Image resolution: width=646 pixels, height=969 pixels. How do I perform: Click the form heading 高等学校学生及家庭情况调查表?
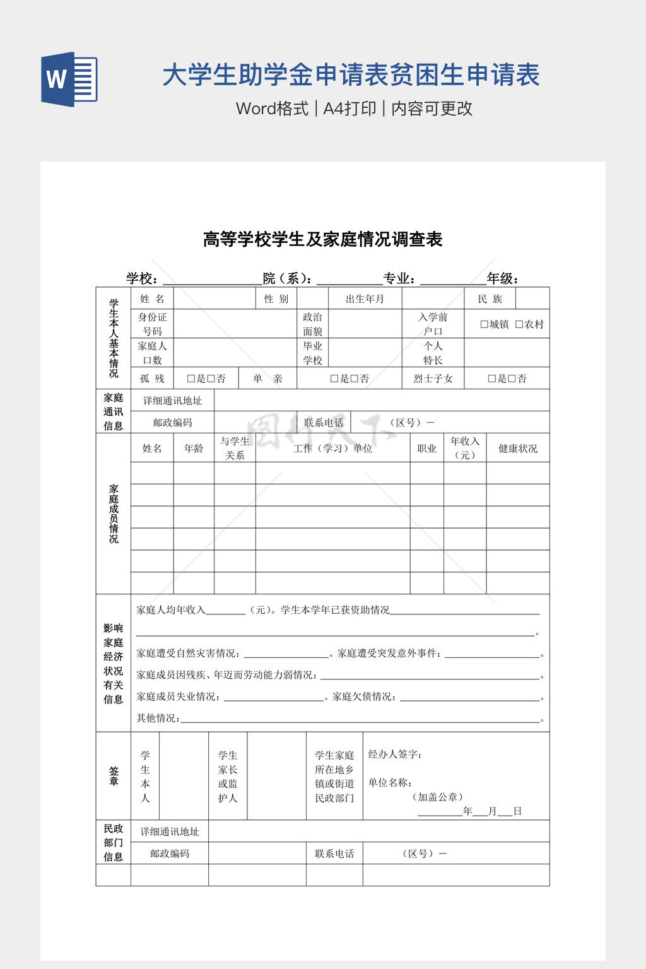point(322,240)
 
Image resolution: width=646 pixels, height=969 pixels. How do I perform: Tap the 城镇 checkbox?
point(484,324)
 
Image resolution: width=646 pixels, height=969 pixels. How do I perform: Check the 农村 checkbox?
point(519,324)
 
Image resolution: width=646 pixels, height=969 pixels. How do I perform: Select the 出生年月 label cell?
point(365,298)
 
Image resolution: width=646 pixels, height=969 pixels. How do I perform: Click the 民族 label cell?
point(490,298)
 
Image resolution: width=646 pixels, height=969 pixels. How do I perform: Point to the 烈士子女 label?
point(433,379)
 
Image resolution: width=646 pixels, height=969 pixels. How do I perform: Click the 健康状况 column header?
point(517,449)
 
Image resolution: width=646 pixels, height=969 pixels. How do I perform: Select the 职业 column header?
point(426,449)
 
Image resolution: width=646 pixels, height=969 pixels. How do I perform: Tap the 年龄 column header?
point(194,449)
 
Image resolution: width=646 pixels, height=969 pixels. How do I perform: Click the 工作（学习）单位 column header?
point(332,449)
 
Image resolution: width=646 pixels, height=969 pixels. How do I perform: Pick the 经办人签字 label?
point(395,755)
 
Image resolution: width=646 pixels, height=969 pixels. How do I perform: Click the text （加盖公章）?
point(438,797)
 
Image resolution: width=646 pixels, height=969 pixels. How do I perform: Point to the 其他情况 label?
point(158,718)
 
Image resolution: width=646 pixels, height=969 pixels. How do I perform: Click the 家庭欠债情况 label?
point(363,696)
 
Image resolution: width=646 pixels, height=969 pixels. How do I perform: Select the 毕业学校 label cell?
point(312,353)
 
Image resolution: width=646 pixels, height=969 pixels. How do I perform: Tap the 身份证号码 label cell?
point(152,324)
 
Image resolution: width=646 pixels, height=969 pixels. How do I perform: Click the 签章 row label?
point(114,776)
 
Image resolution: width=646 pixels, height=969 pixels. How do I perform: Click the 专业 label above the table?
point(399,279)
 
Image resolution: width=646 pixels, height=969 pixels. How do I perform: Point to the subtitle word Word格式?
point(272,109)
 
